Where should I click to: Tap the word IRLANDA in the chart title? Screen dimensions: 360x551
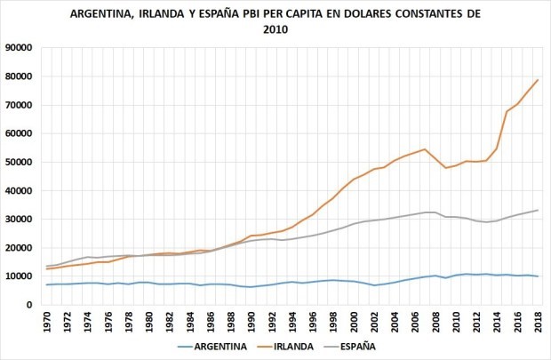tap(193, 15)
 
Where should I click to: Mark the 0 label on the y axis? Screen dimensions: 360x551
tap(30, 305)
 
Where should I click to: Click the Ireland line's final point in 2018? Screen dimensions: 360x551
tap(538, 80)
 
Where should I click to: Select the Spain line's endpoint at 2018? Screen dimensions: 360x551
tap(538, 210)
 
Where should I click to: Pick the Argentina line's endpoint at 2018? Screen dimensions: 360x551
tap(538, 276)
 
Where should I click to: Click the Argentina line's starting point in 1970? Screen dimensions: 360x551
tap(47, 284)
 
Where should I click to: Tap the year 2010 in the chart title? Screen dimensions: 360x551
tap(275, 29)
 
